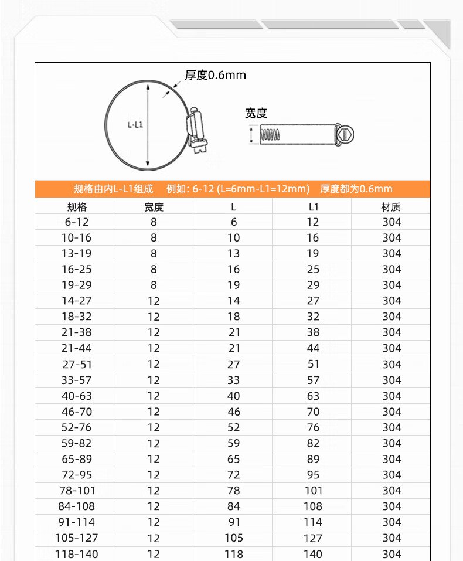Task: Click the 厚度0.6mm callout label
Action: point(215,75)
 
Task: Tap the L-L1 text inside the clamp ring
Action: point(135,124)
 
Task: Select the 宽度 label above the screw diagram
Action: point(256,113)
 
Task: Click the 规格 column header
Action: point(77,207)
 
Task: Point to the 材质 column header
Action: point(391,207)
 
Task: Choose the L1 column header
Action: point(314,207)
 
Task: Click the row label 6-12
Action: point(77,222)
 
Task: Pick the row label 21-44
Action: point(77,348)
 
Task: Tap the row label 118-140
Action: point(77,554)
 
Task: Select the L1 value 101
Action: point(314,491)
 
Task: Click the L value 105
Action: point(234,538)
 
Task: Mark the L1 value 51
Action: point(314,364)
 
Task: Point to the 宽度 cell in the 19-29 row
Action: point(154,285)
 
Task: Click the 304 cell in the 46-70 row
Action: point(391,412)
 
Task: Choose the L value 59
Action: point(234,443)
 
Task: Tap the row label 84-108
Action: point(77,506)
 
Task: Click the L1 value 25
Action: point(314,270)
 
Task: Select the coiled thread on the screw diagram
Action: point(270,135)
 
